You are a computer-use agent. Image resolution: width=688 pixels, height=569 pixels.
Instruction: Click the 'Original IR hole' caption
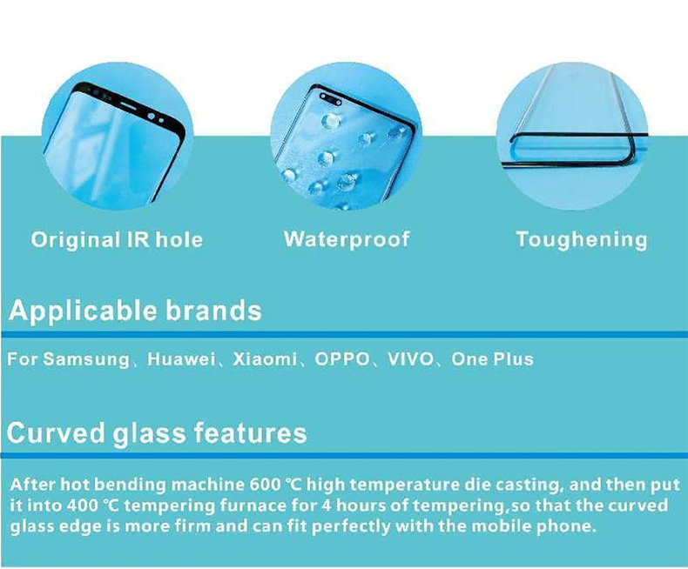click(117, 240)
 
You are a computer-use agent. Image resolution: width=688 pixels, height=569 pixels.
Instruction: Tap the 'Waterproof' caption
click(347, 240)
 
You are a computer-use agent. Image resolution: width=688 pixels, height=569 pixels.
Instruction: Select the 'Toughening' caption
click(582, 240)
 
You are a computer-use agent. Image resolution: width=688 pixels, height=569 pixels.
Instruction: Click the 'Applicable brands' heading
click(135, 311)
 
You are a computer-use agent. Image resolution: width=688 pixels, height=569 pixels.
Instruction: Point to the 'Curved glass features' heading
click(157, 433)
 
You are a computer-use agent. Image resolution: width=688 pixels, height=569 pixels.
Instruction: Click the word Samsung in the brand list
click(86, 359)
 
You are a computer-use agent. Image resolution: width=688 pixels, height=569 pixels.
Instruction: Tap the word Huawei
click(181, 359)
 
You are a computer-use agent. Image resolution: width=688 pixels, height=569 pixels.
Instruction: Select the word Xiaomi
click(265, 359)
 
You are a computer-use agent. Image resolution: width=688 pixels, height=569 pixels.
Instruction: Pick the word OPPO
click(342, 359)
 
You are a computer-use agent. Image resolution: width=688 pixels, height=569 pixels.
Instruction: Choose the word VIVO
click(410, 359)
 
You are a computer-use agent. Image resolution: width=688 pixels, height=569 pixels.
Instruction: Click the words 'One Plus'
click(492, 359)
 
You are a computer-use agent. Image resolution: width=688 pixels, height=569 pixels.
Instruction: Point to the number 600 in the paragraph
click(265, 485)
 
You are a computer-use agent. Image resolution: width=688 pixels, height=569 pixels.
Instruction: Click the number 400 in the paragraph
click(83, 505)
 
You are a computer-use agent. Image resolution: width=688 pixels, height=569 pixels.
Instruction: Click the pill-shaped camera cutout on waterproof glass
click(331, 99)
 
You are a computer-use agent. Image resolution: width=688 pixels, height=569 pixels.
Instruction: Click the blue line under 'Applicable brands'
click(344, 334)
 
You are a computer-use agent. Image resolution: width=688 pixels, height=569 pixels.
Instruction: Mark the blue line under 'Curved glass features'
click(344, 456)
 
